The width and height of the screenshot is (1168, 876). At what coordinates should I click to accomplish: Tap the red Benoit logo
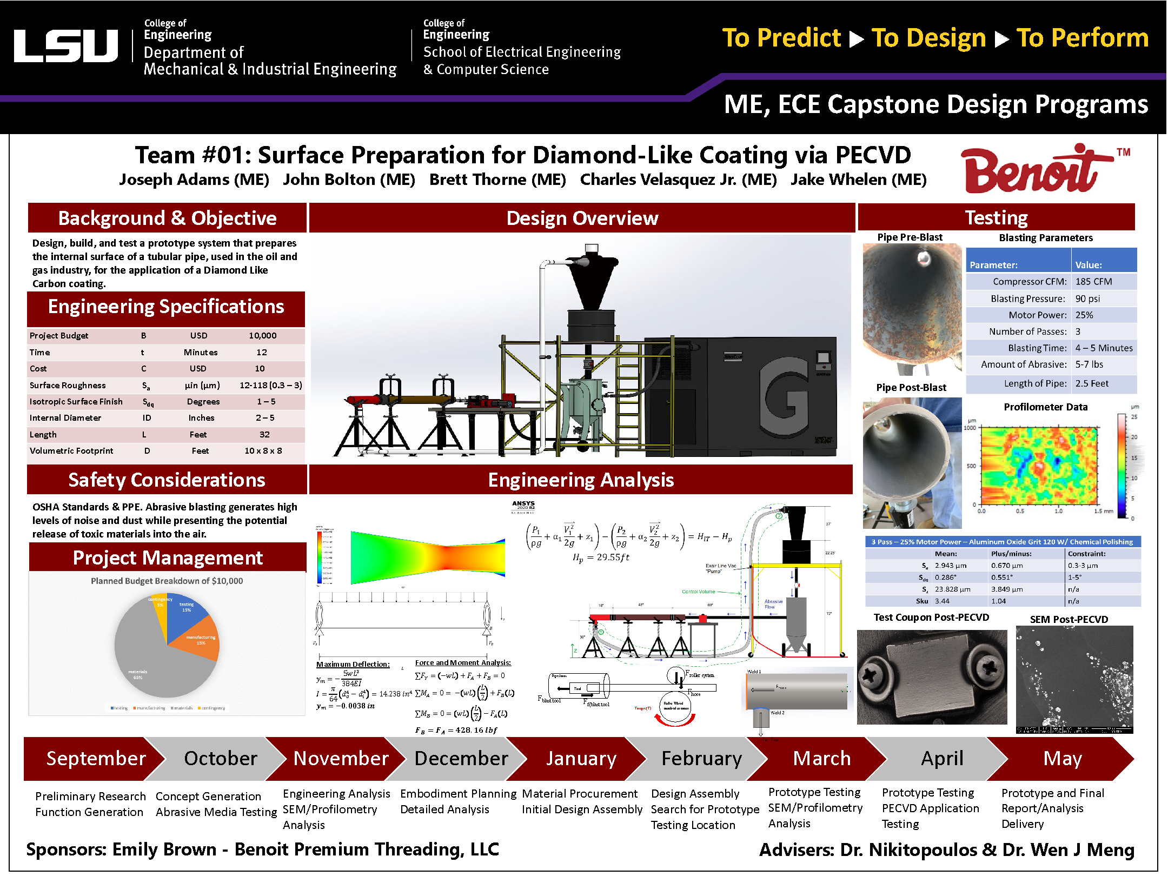(1033, 170)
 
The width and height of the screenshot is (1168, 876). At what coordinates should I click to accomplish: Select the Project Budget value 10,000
(262, 336)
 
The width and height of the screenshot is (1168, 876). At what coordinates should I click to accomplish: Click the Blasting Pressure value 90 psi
(1087, 298)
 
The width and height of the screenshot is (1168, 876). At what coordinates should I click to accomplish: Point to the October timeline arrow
(221, 758)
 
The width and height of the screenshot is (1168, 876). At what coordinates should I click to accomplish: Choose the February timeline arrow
(701, 758)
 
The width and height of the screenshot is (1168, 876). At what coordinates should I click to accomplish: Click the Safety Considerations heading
(167, 480)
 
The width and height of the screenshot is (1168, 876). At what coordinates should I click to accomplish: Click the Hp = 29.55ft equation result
(601, 558)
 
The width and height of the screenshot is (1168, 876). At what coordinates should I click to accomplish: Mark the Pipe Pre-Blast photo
(912, 308)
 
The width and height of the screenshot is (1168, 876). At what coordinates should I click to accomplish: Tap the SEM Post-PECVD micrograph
(1074, 679)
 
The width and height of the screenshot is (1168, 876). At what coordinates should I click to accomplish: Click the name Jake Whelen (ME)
(858, 180)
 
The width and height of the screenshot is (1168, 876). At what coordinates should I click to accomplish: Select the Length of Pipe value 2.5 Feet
(1091, 383)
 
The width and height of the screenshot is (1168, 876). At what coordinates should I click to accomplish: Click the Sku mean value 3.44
(942, 601)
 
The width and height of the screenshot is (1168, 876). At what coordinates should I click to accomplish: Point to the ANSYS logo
(523, 505)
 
